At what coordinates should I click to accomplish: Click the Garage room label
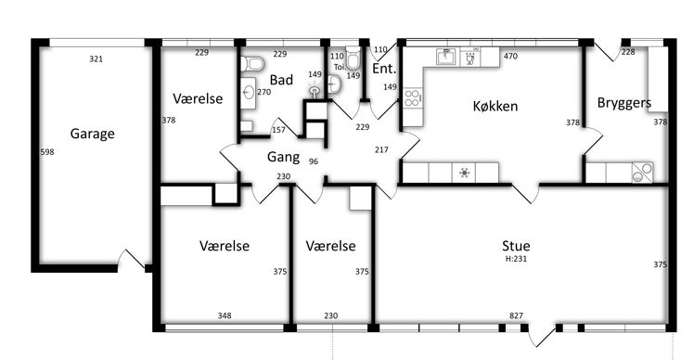(93, 134)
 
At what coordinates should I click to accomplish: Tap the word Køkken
(495, 107)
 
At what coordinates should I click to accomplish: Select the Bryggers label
(624, 103)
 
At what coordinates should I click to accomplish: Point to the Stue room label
(516, 246)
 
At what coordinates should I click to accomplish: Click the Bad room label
(281, 80)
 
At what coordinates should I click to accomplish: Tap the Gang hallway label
(283, 157)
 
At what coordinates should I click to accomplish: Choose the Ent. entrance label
(384, 69)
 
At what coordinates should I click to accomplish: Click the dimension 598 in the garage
(47, 152)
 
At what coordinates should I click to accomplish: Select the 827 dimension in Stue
(517, 315)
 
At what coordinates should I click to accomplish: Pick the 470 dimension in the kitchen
(510, 57)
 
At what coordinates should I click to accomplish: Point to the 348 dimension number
(225, 315)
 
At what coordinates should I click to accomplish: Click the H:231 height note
(516, 259)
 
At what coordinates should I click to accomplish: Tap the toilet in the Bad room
(252, 64)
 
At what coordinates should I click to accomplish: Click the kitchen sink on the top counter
(447, 58)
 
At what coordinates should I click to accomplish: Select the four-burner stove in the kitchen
(413, 97)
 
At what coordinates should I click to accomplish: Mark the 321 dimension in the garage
(96, 58)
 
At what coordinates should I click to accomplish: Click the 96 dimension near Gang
(314, 161)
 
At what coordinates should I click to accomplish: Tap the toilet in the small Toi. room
(353, 58)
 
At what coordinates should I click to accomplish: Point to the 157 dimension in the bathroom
(278, 130)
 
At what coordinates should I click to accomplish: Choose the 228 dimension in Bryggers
(628, 52)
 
